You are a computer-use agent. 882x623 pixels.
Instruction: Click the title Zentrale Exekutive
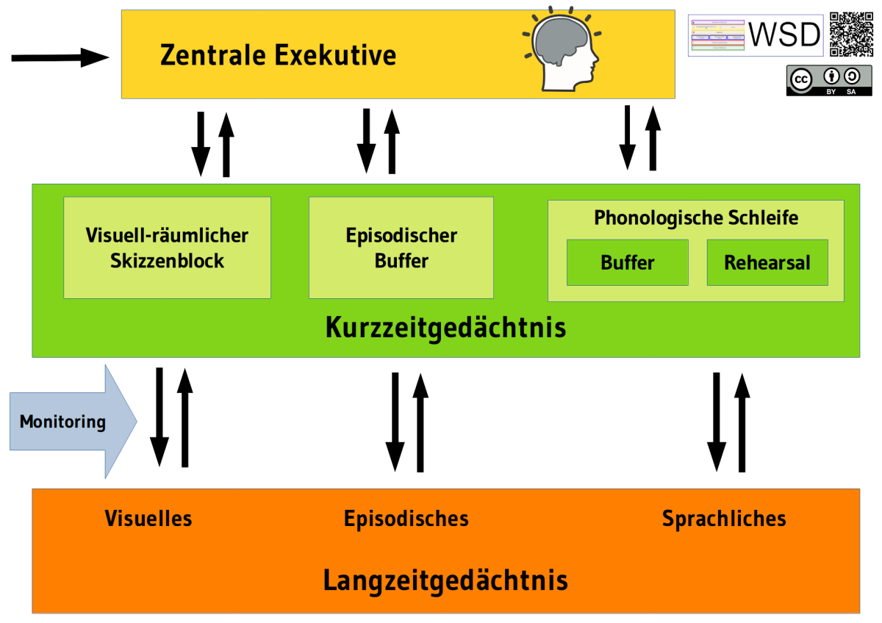coord(278,55)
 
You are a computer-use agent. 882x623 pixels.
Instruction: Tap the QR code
coord(851,35)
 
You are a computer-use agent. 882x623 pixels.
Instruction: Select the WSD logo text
coord(784,35)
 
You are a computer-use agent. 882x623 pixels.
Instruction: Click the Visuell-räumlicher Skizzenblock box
coord(167,248)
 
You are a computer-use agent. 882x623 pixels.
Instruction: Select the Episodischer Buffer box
coord(401,248)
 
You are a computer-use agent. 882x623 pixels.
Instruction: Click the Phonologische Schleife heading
coord(695,218)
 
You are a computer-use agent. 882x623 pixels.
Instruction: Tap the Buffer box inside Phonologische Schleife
coord(627,262)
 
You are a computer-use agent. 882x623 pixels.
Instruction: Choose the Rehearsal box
coord(767,262)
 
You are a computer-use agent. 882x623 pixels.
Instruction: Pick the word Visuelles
coord(148,519)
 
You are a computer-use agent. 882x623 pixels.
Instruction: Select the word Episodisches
coord(406,519)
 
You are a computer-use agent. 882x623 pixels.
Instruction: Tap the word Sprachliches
coord(723,519)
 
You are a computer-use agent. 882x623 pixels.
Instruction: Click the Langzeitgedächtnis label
coord(445,580)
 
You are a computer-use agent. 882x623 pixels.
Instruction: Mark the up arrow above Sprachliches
coord(742,422)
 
